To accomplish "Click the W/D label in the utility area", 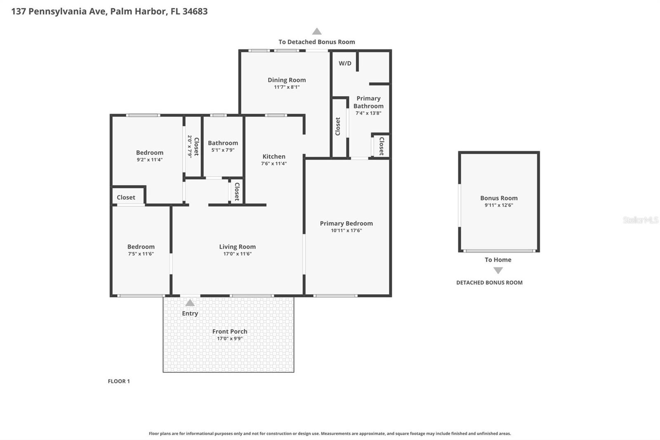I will pos(345,63).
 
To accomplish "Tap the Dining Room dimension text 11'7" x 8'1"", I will pos(287,87).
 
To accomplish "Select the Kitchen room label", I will pos(274,156).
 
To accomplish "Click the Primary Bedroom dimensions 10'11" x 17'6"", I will pos(346,230).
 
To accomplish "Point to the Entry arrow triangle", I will pos(190,303).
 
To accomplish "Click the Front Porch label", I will pos(230,331).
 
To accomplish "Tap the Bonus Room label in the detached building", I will pos(499,198).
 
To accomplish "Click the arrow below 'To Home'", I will pos(498,270).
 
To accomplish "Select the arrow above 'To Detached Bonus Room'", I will pos(316,31).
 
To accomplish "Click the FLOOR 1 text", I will pos(119,381).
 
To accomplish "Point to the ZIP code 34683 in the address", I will pos(195,11).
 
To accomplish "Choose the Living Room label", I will pos(237,247).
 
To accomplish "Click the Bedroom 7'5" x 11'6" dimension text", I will pos(141,254).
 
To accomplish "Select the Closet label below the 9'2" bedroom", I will pos(126,197).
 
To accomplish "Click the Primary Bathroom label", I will pos(368,102).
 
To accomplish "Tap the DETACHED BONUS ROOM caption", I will pos(489,283).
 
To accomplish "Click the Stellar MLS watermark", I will pos(640,220).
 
